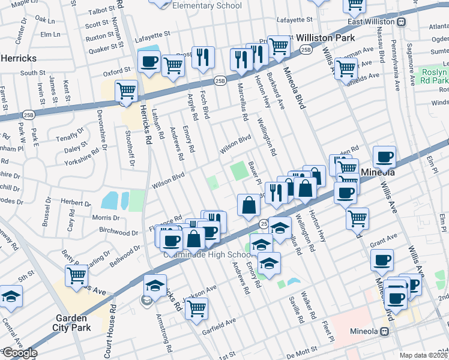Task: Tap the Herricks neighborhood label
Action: pyautogui.click(x=19, y=59)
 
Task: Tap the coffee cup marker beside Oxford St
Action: pyautogui.click(x=148, y=61)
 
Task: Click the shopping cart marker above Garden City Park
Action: pyautogui.click(x=76, y=275)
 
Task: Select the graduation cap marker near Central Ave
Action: pyautogui.click(x=10, y=296)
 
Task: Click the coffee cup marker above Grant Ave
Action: pyautogui.click(x=382, y=260)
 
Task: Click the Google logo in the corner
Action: pyautogui.click(x=20, y=353)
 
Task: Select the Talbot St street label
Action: pyautogui.click(x=100, y=11)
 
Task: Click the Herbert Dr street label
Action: pyautogui.click(x=76, y=202)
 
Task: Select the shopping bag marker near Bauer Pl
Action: pyautogui.click(x=249, y=206)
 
